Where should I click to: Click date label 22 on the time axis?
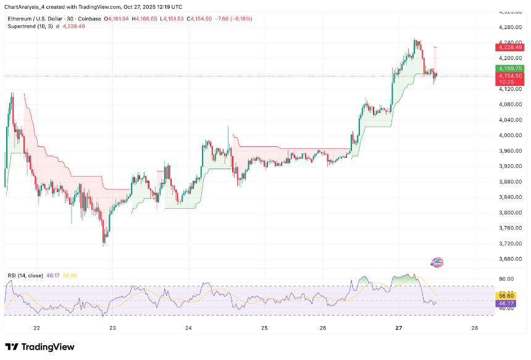[36, 328]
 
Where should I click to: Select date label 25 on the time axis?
[264, 328]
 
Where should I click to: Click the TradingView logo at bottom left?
[40, 347]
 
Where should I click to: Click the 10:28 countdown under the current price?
[507, 82]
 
